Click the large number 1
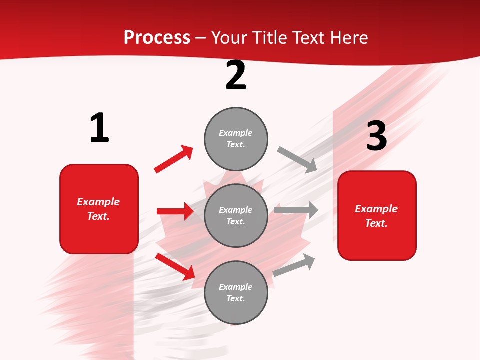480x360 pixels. click(x=99, y=128)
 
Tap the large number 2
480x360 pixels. click(x=236, y=75)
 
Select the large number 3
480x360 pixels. click(x=376, y=136)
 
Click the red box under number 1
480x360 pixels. click(x=99, y=209)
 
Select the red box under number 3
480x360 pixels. click(x=377, y=215)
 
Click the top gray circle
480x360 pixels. click(x=236, y=139)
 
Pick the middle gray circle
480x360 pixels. click(x=236, y=215)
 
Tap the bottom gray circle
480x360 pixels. click(x=236, y=292)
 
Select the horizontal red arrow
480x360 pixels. click(x=175, y=211)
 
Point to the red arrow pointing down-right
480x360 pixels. click(x=175, y=266)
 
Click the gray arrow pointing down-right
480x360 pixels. click(x=297, y=159)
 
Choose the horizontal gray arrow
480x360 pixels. click(x=296, y=210)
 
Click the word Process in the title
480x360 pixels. click(x=157, y=37)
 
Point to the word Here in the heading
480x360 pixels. click(x=348, y=37)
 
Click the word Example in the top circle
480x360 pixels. click(x=236, y=133)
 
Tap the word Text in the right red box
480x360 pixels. click(x=376, y=223)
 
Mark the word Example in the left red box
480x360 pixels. click(x=98, y=202)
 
